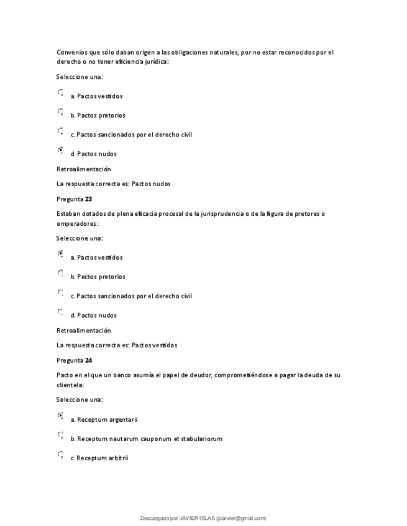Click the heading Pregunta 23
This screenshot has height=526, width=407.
coord(74,199)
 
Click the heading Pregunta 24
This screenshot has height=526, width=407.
coord(74,360)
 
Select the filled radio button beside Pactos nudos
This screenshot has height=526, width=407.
coord(60,150)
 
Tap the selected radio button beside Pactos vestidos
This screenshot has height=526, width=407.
coord(60,254)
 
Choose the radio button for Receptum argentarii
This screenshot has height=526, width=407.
coord(60,416)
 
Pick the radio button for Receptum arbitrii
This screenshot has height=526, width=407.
coord(60,454)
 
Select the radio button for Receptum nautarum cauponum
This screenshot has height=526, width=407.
coord(60,435)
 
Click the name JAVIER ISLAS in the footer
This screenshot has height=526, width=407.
coord(197,519)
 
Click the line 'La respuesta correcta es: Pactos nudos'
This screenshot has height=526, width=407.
coord(113,184)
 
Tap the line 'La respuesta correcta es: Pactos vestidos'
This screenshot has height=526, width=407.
coord(116,345)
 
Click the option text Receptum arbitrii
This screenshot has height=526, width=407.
coord(102,458)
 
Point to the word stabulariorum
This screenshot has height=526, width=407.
coord(200,439)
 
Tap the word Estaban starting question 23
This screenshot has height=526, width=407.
coord(68,214)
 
